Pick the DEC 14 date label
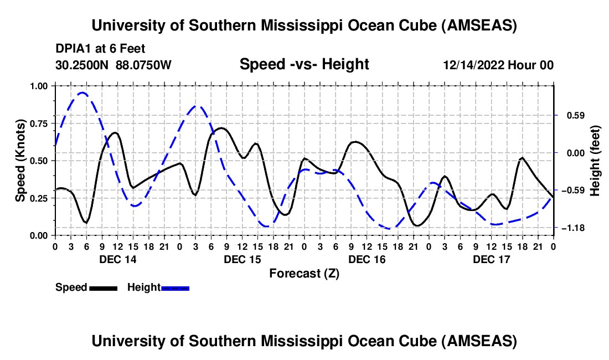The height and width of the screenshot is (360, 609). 117,259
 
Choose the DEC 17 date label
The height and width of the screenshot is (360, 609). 491,259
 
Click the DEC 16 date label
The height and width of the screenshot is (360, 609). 367,259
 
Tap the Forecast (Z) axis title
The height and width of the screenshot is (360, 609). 304,273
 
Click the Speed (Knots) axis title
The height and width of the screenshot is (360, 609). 20,161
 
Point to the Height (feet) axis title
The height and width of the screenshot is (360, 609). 595,161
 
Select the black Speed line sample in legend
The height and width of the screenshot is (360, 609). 103,287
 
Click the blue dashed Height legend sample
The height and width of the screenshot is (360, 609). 175,287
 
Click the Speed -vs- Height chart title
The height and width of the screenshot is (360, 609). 304,65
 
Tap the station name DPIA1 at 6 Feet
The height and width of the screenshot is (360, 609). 100,49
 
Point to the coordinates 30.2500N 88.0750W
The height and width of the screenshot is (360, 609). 113,65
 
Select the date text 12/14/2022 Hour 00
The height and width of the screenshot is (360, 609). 498,65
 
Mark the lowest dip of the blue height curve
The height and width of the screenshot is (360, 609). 391,228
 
